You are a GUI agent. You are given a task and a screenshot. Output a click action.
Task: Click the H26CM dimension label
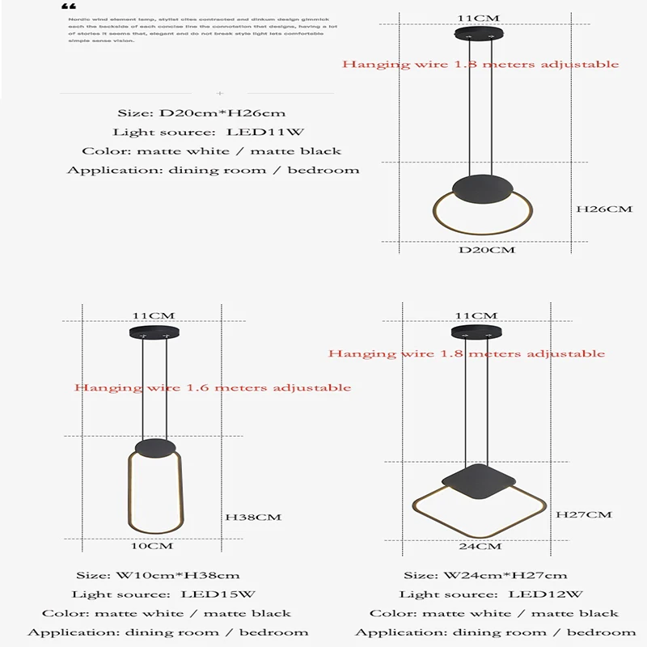pyautogui.click(x=603, y=209)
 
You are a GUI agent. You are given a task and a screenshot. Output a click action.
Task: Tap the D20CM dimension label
pyautogui.click(x=486, y=251)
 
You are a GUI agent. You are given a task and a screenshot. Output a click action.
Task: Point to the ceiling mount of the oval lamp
pyautogui.click(x=151, y=333)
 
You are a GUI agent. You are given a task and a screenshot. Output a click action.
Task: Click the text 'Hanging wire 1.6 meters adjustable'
pyautogui.click(x=213, y=387)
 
